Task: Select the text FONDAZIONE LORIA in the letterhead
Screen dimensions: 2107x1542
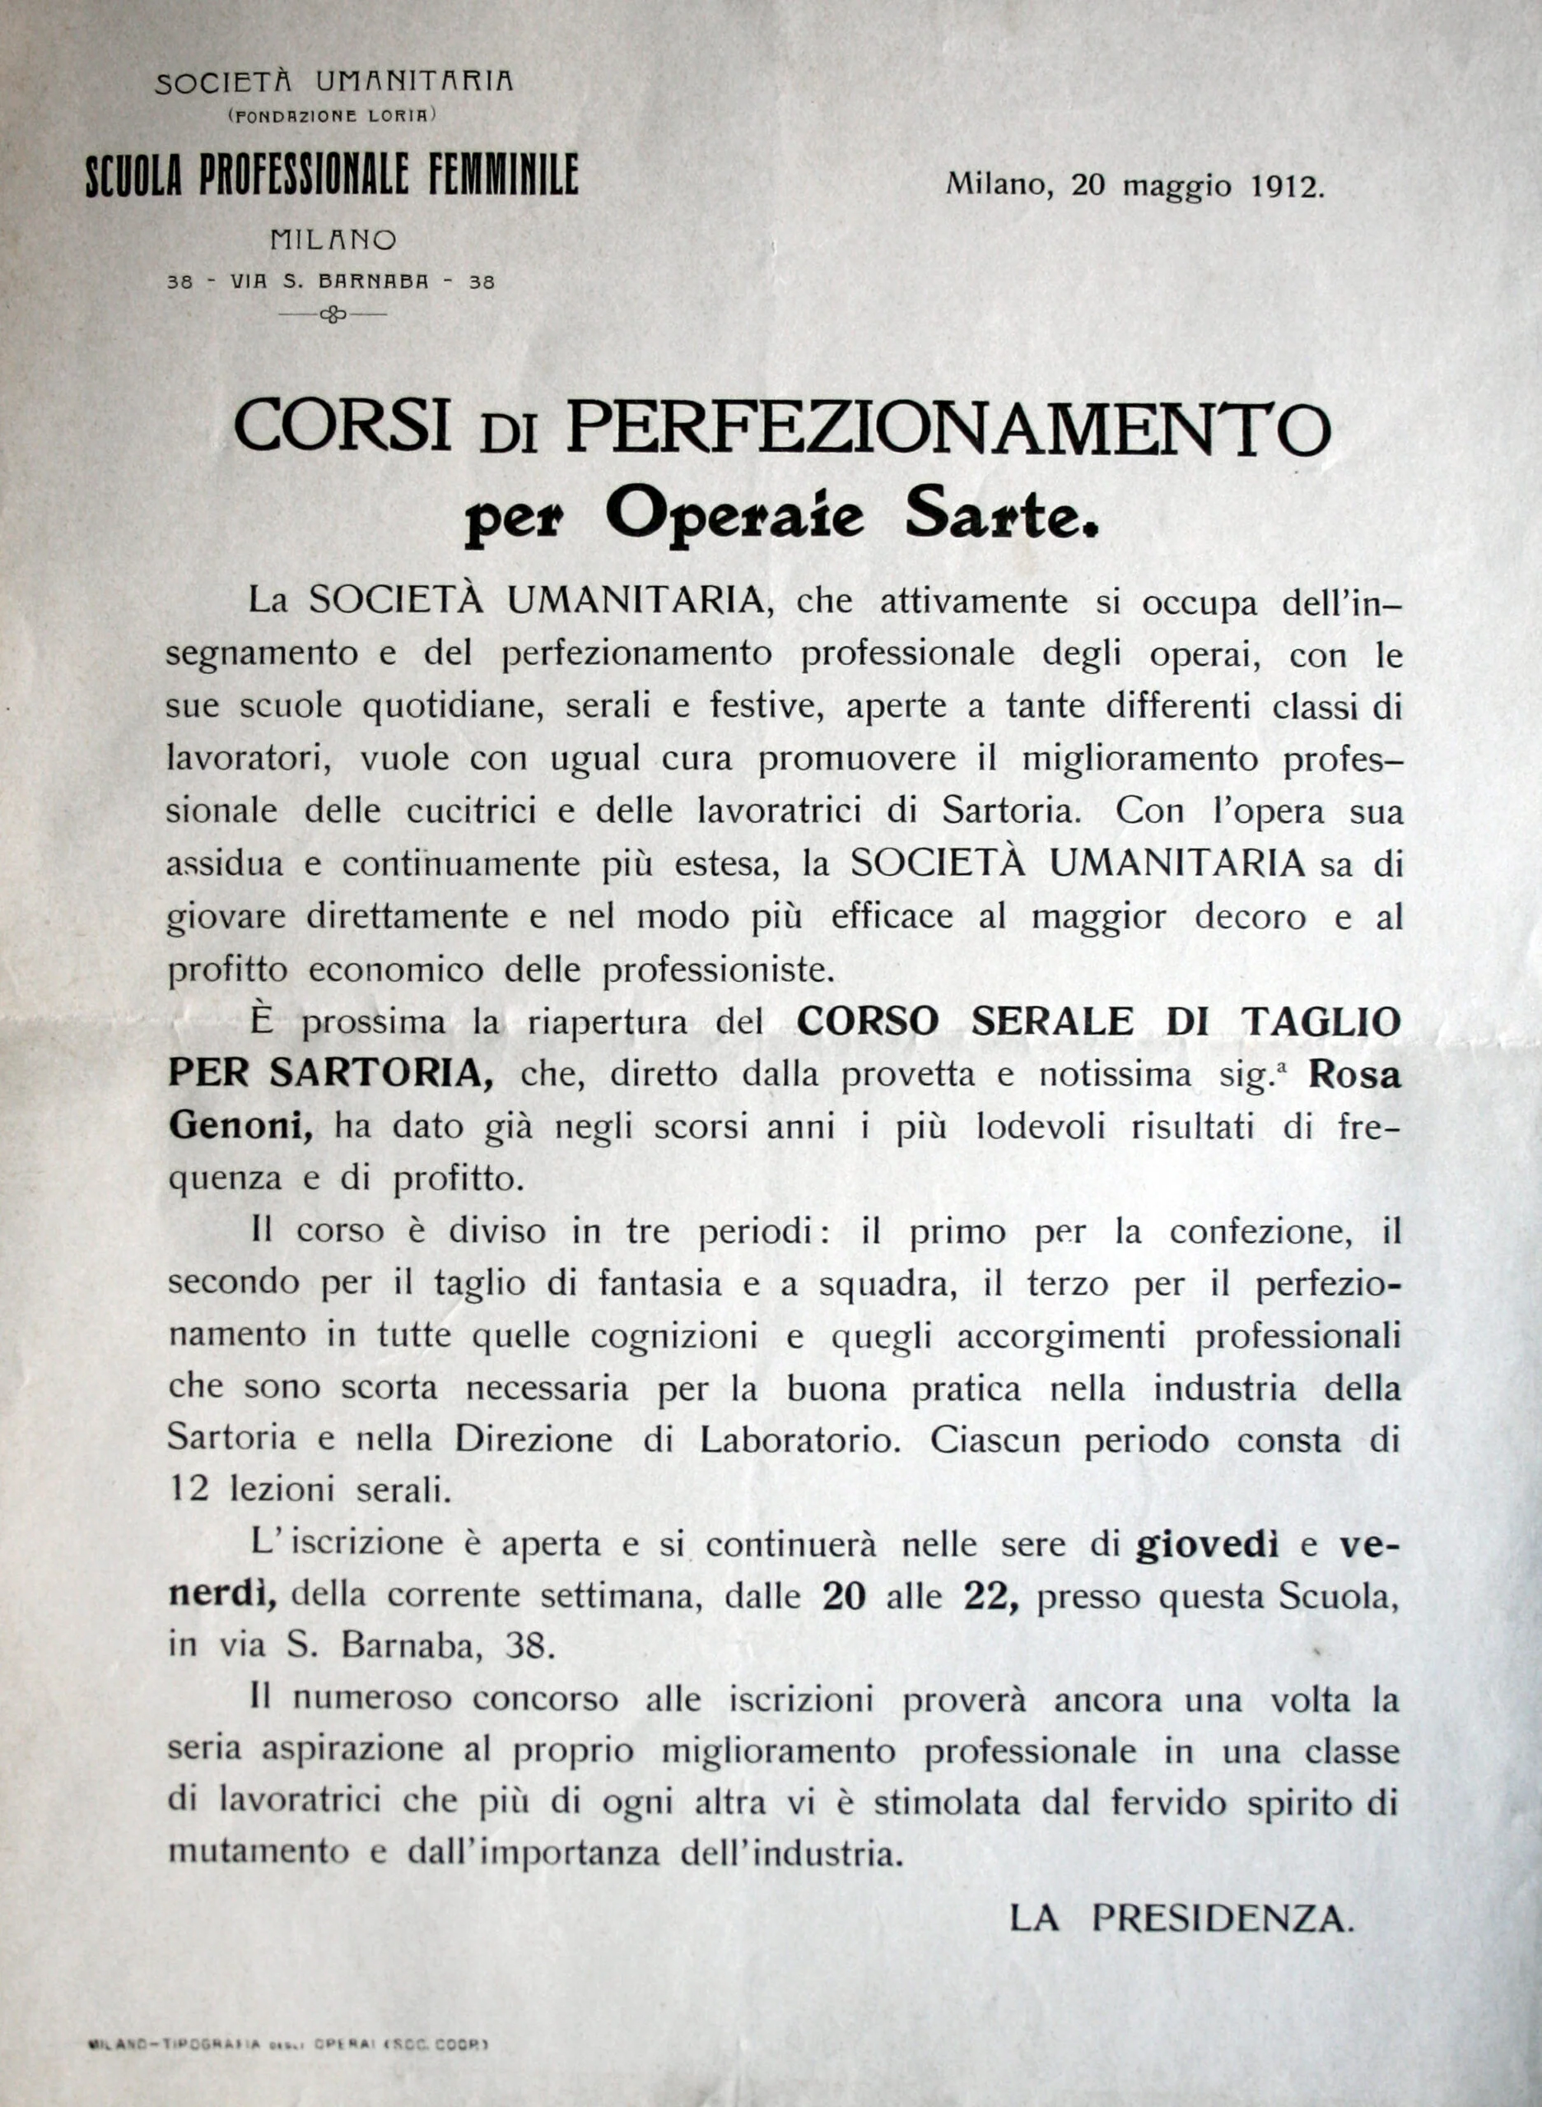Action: click(333, 117)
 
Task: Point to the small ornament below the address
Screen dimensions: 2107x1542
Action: click(333, 315)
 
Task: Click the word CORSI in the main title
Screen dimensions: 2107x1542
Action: click(342, 428)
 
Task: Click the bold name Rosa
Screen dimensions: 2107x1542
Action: click(1354, 1075)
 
